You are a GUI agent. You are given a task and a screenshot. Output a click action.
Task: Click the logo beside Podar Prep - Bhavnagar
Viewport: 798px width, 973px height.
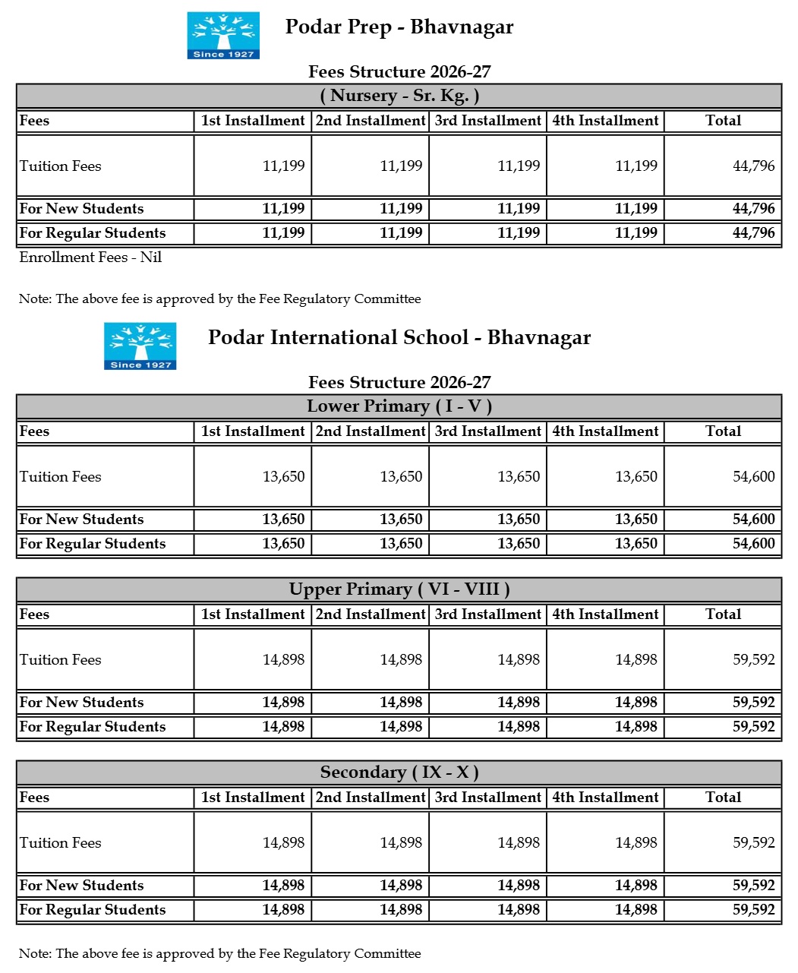pos(223,35)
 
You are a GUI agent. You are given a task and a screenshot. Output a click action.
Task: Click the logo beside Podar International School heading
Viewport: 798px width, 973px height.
pos(140,346)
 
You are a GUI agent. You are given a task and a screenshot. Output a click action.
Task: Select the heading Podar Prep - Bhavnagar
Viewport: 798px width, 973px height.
pos(399,27)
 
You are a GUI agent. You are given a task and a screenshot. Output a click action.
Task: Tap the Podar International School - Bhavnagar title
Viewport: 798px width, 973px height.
pos(399,338)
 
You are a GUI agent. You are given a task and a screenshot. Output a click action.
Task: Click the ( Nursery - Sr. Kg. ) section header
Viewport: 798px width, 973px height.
pos(399,96)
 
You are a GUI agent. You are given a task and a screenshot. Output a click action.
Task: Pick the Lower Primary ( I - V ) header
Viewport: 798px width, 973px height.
pos(399,406)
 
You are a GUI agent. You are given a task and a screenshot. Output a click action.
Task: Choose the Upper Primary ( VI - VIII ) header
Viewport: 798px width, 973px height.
pos(399,589)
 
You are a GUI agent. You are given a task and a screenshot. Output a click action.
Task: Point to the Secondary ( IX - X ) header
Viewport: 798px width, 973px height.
pos(399,772)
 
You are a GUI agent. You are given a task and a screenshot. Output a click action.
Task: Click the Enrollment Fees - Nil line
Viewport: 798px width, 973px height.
pos(90,257)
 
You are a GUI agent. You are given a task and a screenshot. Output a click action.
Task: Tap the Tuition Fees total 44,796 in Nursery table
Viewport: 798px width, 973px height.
pos(753,166)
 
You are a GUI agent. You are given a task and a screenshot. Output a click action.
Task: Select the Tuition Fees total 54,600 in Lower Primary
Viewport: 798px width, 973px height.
pos(753,477)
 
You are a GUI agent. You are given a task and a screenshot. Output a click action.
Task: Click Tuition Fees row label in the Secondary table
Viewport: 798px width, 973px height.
pos(61,843)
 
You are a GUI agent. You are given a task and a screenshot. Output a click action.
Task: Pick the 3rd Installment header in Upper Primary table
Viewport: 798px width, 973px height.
pos(488,614)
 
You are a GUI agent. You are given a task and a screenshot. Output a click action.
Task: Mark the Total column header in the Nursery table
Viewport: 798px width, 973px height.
pos(723,121)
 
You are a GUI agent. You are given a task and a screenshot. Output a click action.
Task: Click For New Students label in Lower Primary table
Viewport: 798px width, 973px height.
pos(81,520)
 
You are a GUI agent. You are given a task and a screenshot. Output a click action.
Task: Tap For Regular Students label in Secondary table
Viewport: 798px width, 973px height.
pos(93,910)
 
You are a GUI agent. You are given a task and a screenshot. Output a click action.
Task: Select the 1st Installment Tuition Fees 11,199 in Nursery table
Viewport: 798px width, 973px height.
pos(283,166)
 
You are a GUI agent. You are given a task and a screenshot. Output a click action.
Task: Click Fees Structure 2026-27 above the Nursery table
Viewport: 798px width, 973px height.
pos(399,72)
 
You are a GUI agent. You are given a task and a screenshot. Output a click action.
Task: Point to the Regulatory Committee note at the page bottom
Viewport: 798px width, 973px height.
pos(220,954)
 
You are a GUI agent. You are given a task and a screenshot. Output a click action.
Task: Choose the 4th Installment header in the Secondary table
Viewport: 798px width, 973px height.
pos(605,798)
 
